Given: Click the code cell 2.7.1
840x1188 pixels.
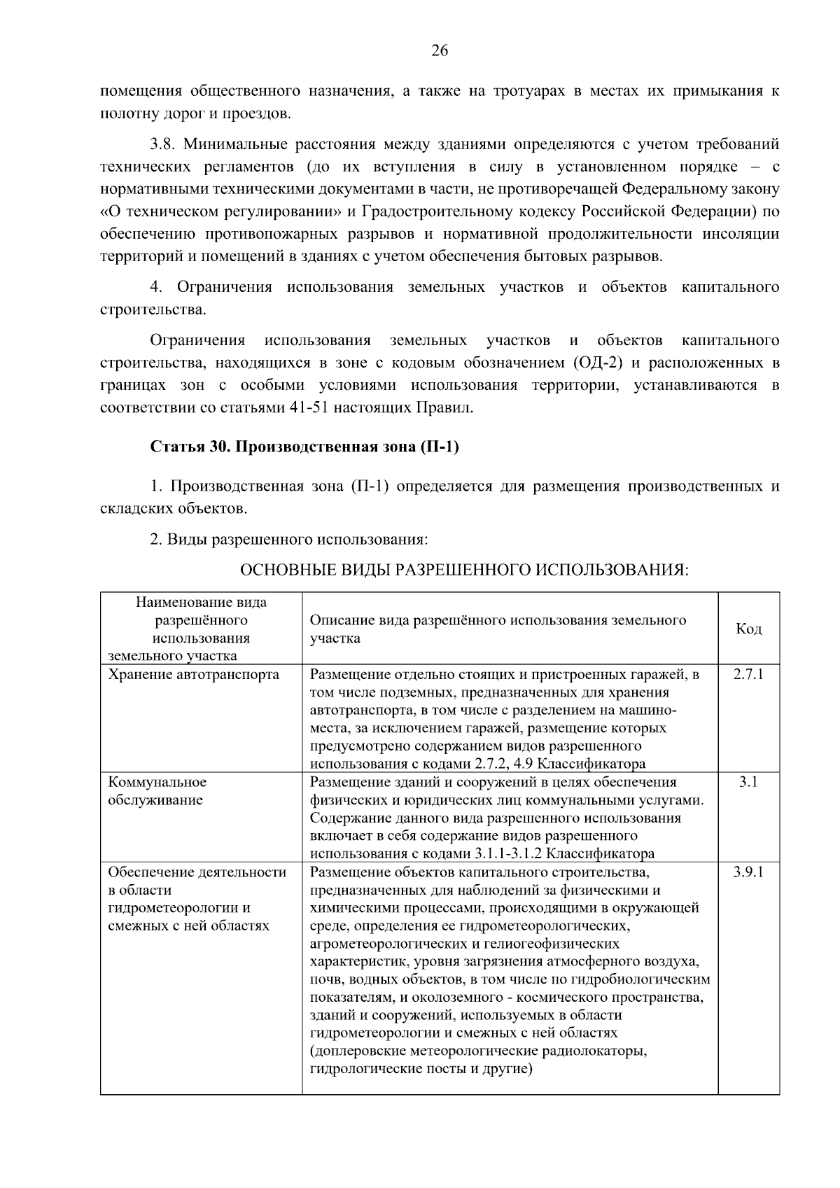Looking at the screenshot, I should coord(748,674).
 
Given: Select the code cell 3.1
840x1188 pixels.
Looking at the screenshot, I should coord(748,782).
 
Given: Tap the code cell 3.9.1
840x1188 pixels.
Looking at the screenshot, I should coord(748,872).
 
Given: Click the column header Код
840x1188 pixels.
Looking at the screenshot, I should coord(748,629).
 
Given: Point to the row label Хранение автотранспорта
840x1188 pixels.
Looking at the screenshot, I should coord(193,674).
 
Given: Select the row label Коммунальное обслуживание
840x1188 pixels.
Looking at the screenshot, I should coord(157,791).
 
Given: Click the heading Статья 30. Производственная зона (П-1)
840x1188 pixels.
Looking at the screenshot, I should coord(304,447).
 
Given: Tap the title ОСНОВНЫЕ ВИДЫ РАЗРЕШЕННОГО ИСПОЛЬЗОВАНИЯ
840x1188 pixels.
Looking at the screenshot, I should coord(464,571).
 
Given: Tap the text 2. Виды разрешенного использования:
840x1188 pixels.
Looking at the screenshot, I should coord(288,540).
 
